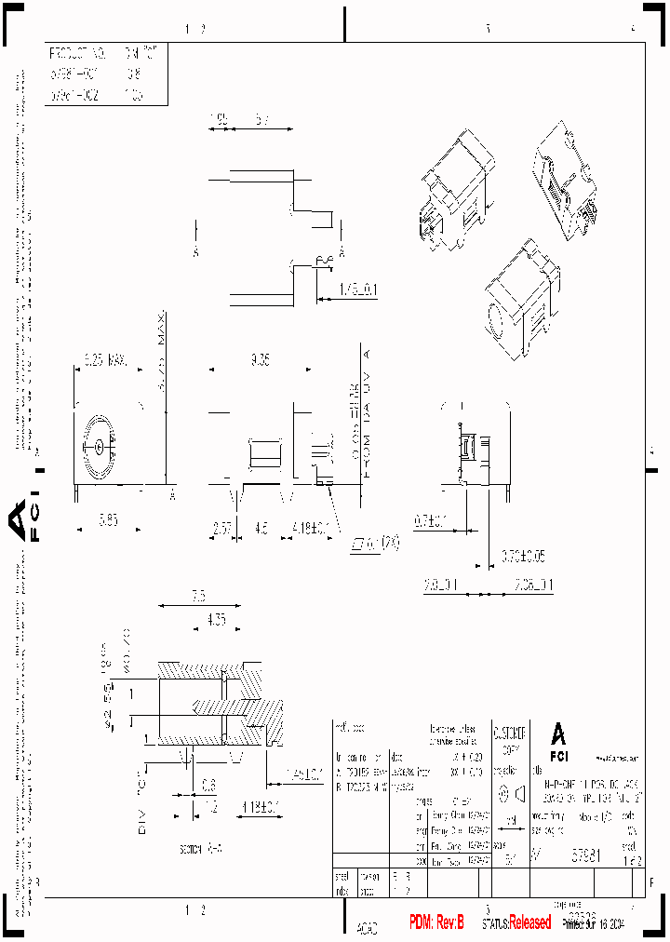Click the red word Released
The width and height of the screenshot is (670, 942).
coord(529,922)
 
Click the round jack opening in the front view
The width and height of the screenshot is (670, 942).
coord(98,445)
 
